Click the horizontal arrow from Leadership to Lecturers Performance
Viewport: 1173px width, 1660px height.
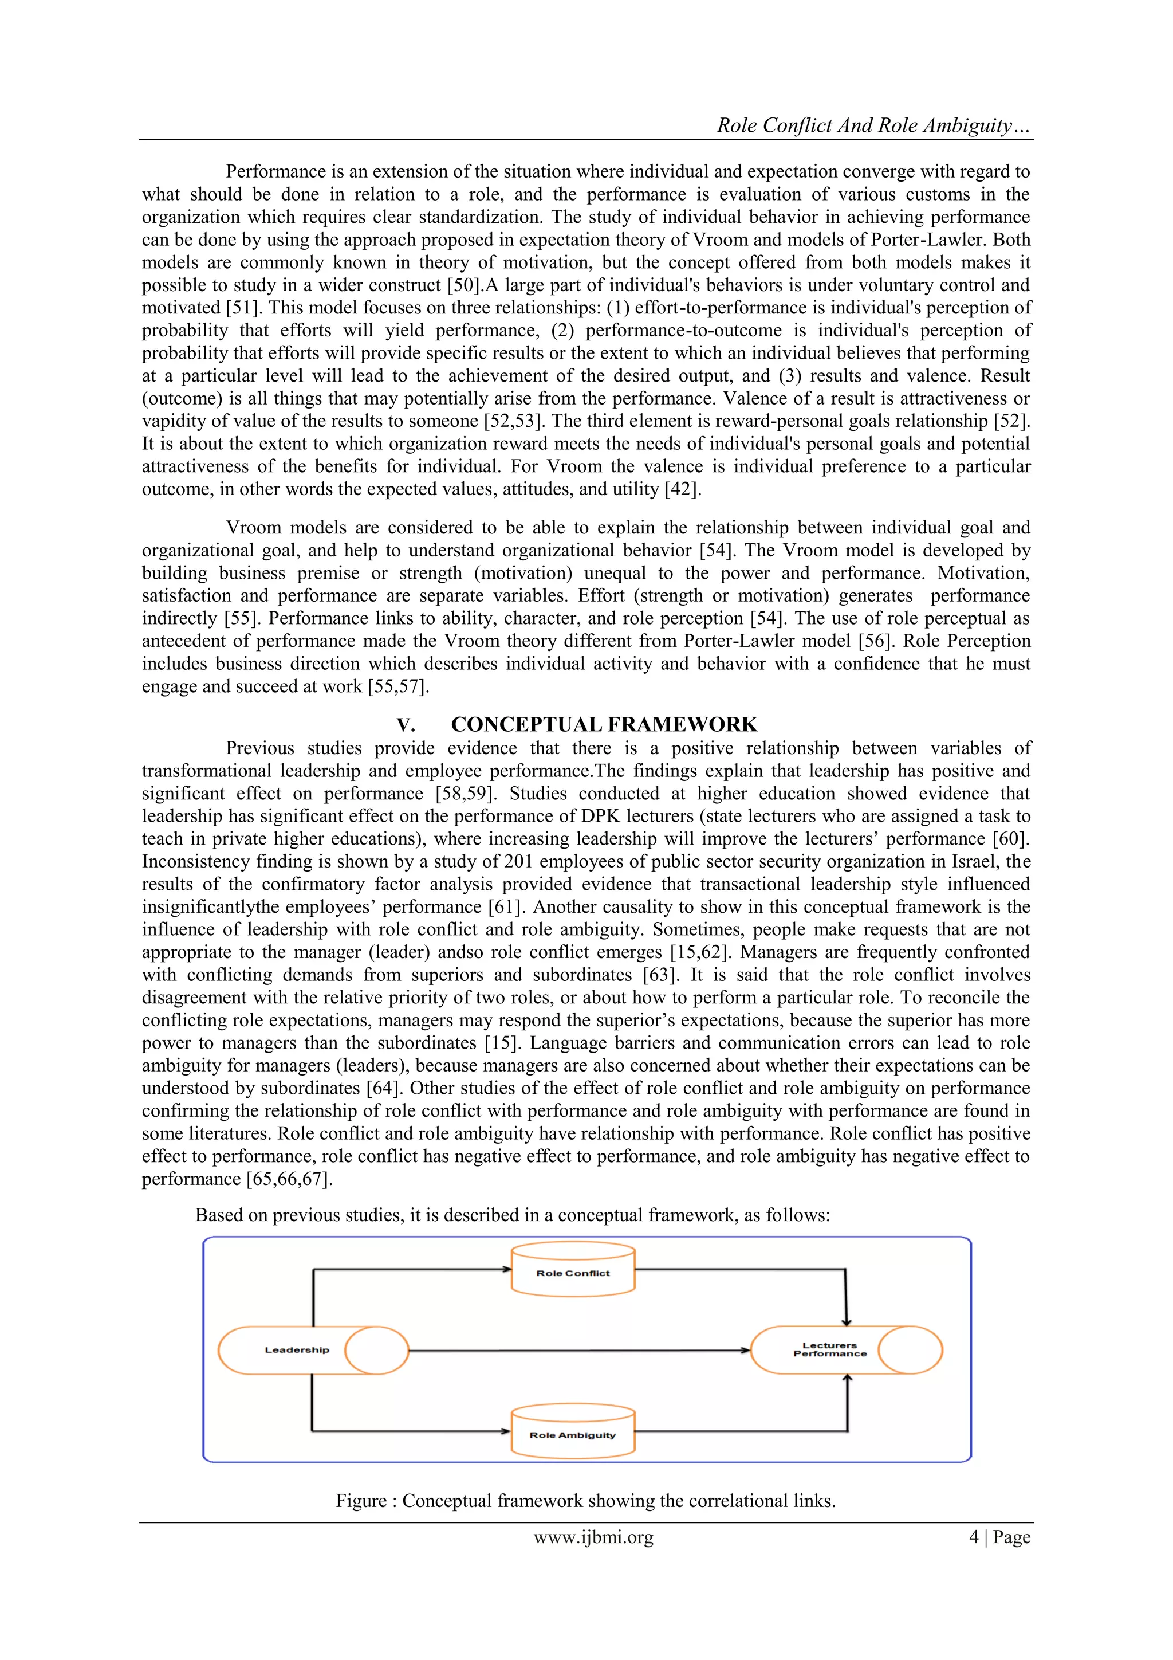[x=578, y=1350]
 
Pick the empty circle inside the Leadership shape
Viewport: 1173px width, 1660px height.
[x=376, y=1350]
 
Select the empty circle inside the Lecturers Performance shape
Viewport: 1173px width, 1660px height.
[x=911, y=1350]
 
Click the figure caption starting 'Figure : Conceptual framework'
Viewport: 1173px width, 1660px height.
[x=585, y=1502]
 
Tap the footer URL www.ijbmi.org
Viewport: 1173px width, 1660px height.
[x=593, y=1537]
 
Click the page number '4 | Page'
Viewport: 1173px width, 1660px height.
[x=999, y=1537]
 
